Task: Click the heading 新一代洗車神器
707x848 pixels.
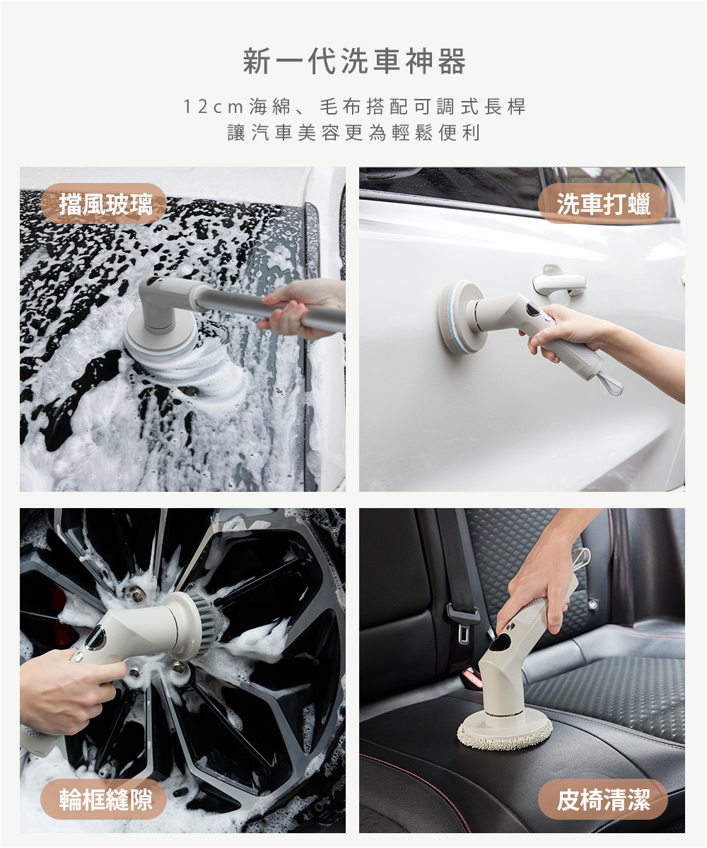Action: [354, 61]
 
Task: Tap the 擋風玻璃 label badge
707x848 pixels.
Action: [103, 204]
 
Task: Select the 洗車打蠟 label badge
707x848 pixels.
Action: [602, 204]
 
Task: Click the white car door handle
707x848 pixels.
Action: [559, 281]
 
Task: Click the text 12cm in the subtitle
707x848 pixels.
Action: [214, 107]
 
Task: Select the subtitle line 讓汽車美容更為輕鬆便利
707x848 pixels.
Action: [354, 133]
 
